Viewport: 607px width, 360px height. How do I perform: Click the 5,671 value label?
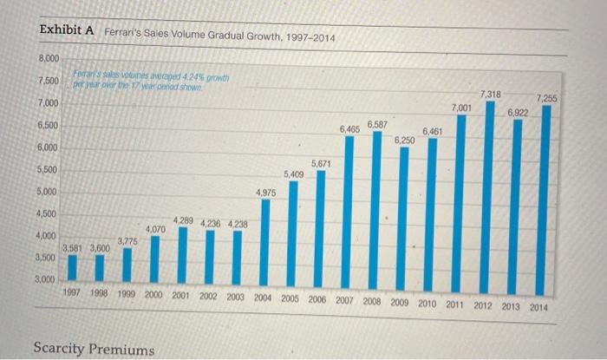pos(322,163)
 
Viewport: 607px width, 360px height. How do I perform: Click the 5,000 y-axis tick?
pos(47,191)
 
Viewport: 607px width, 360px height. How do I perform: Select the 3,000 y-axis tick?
pos(45,280)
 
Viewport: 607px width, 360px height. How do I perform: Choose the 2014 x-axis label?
pos(538,308)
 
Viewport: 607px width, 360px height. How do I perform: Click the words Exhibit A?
pos(67,30)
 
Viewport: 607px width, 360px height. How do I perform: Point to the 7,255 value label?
pos(547,98)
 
